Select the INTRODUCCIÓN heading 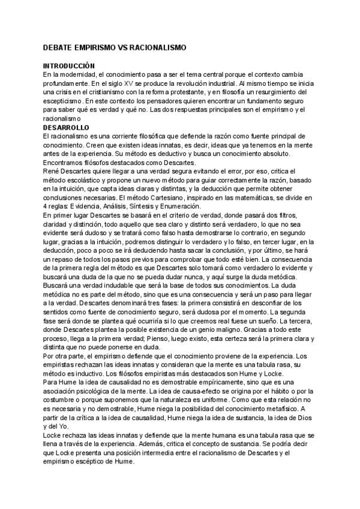tap(70, 65)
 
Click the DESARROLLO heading tap(66, 128)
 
